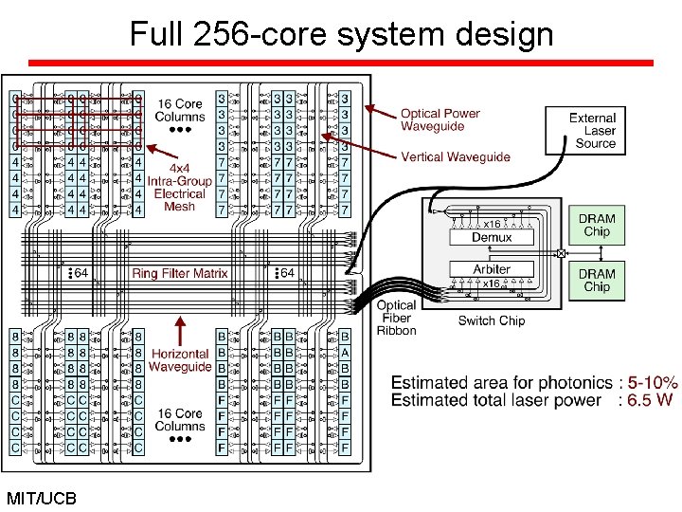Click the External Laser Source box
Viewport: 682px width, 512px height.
[593, 130]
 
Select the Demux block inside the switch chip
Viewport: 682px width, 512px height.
[492, 237]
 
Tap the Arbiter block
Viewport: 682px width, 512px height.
[492, 269]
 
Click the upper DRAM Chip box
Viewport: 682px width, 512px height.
[597, 226]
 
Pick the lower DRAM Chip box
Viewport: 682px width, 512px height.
[597, 281]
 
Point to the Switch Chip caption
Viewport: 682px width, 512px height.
[492, 320]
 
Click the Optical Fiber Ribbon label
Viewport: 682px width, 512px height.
[396, 318]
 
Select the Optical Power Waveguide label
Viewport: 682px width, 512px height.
[440, 119]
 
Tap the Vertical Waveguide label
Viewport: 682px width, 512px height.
[456, 156]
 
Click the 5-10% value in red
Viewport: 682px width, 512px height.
[646, 383]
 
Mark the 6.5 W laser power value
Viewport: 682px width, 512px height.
[649, 400]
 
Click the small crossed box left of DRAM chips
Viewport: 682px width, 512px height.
[561, 253]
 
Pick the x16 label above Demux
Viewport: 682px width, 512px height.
[492, 224]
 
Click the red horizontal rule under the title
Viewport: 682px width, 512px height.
[341, 64]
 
